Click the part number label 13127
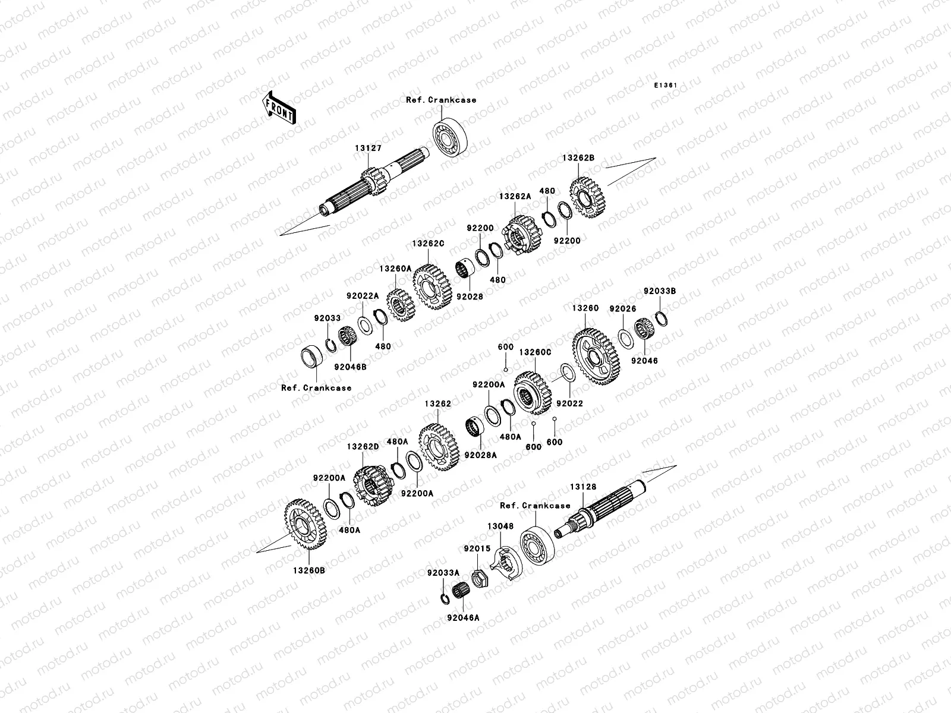(x=369, y=149)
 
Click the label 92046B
(x=350, y=367)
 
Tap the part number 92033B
(x=660, y=291)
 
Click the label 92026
(x=623, y=308)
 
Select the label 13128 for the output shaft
(x=583, y=487)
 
